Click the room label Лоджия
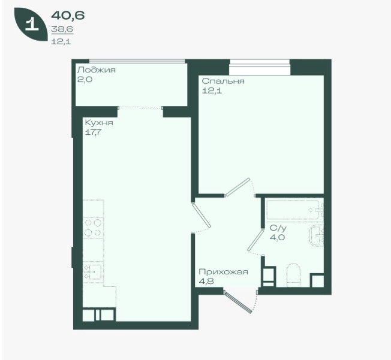click(97, 69)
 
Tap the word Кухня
click(99, 123)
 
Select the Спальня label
click(223, 81)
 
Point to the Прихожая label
click(223, 271)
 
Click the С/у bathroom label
click(278, 228)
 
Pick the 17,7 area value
click(94, 132)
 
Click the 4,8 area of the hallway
click(206, 282)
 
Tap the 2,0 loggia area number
click(85, 80)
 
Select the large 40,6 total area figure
click(68, 16)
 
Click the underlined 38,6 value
click(62, 29)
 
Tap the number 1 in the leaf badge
click(32, 25)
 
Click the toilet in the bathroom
click(293, 276)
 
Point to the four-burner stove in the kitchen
click(93, 228)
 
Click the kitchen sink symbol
click(93, 272)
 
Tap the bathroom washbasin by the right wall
click(317, 235)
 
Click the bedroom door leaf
click(237, 187)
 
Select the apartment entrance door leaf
click(238, 302)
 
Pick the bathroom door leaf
click(255, 240)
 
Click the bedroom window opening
click(260, 67)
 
